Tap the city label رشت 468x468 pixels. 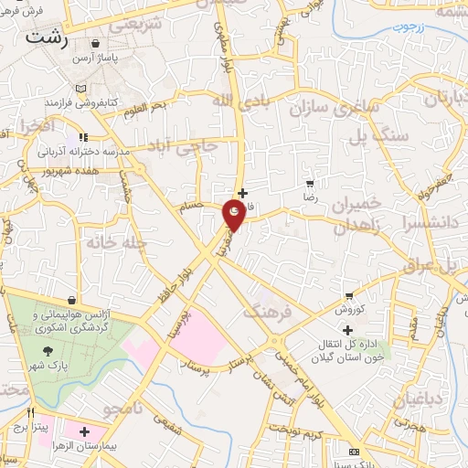tap(48, 37)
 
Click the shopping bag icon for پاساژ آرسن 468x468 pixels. tap(96, 43)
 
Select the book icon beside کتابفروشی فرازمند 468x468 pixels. tap(82, 89)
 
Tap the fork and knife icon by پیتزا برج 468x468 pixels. tap(30, 412)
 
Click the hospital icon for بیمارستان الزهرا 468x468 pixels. tap(84, 431)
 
